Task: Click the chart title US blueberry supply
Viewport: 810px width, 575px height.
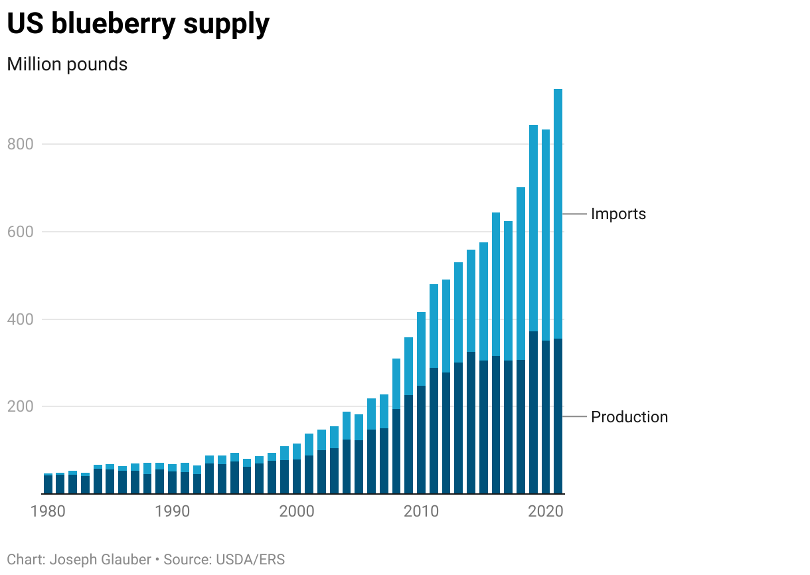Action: point(138,24)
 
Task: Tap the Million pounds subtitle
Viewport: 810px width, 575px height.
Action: point(67,64)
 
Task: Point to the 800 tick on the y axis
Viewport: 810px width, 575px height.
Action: point(19,144)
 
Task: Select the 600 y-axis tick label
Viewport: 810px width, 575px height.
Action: point(19,232)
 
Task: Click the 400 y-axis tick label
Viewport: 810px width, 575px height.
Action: point(19,319)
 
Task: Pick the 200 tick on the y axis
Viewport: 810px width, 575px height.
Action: point(19,406)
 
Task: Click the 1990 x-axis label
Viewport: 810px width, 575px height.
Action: point(173,511)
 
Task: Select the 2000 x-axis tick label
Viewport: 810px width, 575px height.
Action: point(297,511)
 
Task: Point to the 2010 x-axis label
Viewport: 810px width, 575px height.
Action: point(421,511)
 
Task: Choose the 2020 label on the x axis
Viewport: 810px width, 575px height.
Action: point(546,511)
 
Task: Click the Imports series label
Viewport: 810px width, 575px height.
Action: point(618,214)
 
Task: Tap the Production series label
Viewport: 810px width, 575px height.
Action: point(629,417)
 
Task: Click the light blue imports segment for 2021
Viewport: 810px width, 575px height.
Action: point(558,212)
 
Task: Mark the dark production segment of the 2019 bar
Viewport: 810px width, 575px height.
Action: point(533,412)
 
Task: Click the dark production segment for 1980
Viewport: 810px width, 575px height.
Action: point(48,485)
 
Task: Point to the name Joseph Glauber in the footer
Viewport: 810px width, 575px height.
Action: point(100,560)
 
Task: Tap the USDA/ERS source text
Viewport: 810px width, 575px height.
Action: point(250,560)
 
